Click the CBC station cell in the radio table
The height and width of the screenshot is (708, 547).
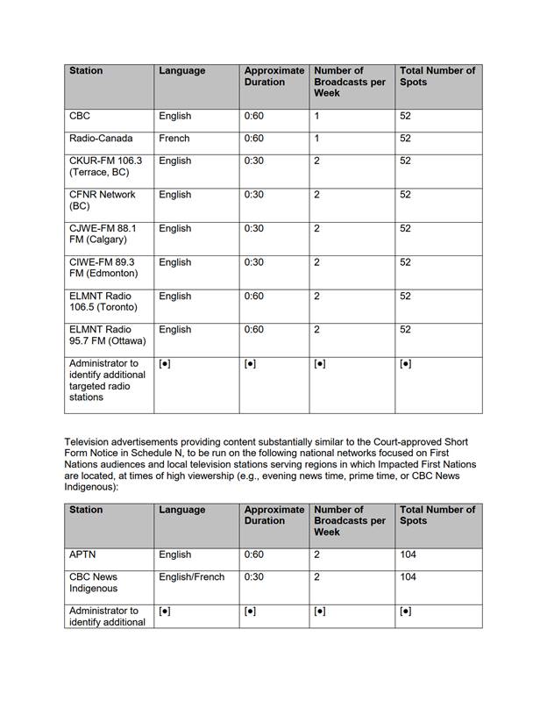(80, 116)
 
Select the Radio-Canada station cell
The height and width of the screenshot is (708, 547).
(96, 139)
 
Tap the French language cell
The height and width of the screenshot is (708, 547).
(174, 139)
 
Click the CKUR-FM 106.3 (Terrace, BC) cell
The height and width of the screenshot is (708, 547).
(105, 167)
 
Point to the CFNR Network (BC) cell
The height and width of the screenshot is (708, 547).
(102, 200)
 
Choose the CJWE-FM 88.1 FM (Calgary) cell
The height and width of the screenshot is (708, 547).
(103, 234)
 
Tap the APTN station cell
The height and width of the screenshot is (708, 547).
(82, 555)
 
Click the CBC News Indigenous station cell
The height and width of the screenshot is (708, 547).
(94, 583)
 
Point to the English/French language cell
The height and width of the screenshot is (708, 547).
(192, 577)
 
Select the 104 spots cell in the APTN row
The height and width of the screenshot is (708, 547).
(408, 555)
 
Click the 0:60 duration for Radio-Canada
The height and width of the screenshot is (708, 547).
(254, 139)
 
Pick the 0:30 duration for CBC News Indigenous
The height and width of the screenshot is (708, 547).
(254, 577)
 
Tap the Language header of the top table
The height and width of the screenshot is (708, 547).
(182, 71)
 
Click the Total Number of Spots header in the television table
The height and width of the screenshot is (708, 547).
(437, 515)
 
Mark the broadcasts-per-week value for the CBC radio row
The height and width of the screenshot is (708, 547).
(316, 116)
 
